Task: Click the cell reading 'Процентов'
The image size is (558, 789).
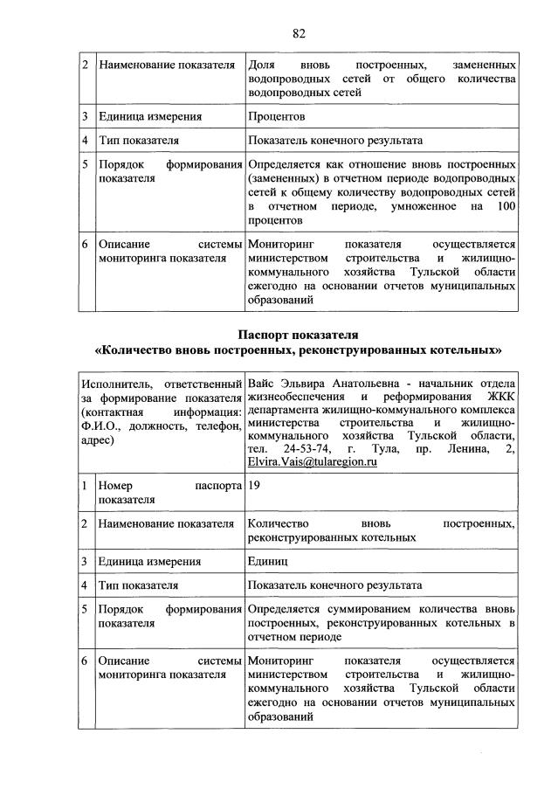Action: (276, 115)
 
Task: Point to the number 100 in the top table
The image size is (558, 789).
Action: (505, 206)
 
